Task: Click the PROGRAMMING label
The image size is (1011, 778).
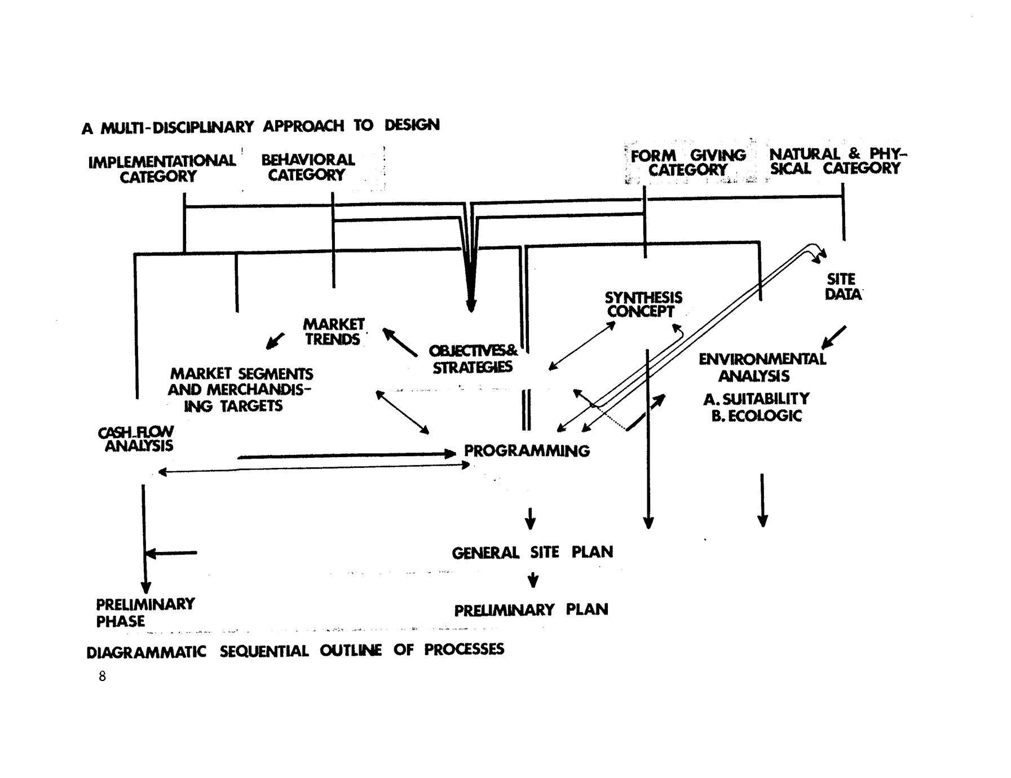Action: pos(527,451)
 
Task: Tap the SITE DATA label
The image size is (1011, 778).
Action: pos(842,286)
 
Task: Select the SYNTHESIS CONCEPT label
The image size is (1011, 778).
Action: pos(643,304)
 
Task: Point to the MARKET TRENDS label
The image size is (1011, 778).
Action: pos(334,331)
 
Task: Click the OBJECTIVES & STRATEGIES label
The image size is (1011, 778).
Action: pos(473,359)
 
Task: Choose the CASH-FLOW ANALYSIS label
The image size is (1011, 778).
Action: pos(136,439)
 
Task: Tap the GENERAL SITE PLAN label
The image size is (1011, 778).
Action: pos(532,552)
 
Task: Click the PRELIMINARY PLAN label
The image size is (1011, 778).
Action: pos(531,610)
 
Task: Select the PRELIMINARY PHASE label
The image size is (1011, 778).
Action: pos(144,612)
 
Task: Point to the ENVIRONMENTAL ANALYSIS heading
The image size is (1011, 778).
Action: pos(761,367)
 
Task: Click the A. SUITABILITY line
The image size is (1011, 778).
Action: pos(756,399)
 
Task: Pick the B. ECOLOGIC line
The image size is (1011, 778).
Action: pos(756,416)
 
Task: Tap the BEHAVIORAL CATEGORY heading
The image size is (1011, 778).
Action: pos(308,167)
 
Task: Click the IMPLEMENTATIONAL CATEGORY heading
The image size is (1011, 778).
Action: pos(162,169)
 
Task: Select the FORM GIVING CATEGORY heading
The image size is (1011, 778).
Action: pos(688,162)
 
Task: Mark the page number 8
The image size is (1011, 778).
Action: pos(102,677)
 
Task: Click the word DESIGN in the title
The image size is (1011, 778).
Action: pos(412,125)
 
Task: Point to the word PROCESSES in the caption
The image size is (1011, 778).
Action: pos(464,649)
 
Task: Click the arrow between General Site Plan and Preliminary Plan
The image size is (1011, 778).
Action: pos(532,580)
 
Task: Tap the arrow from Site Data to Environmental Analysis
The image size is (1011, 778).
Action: pos(834,337)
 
